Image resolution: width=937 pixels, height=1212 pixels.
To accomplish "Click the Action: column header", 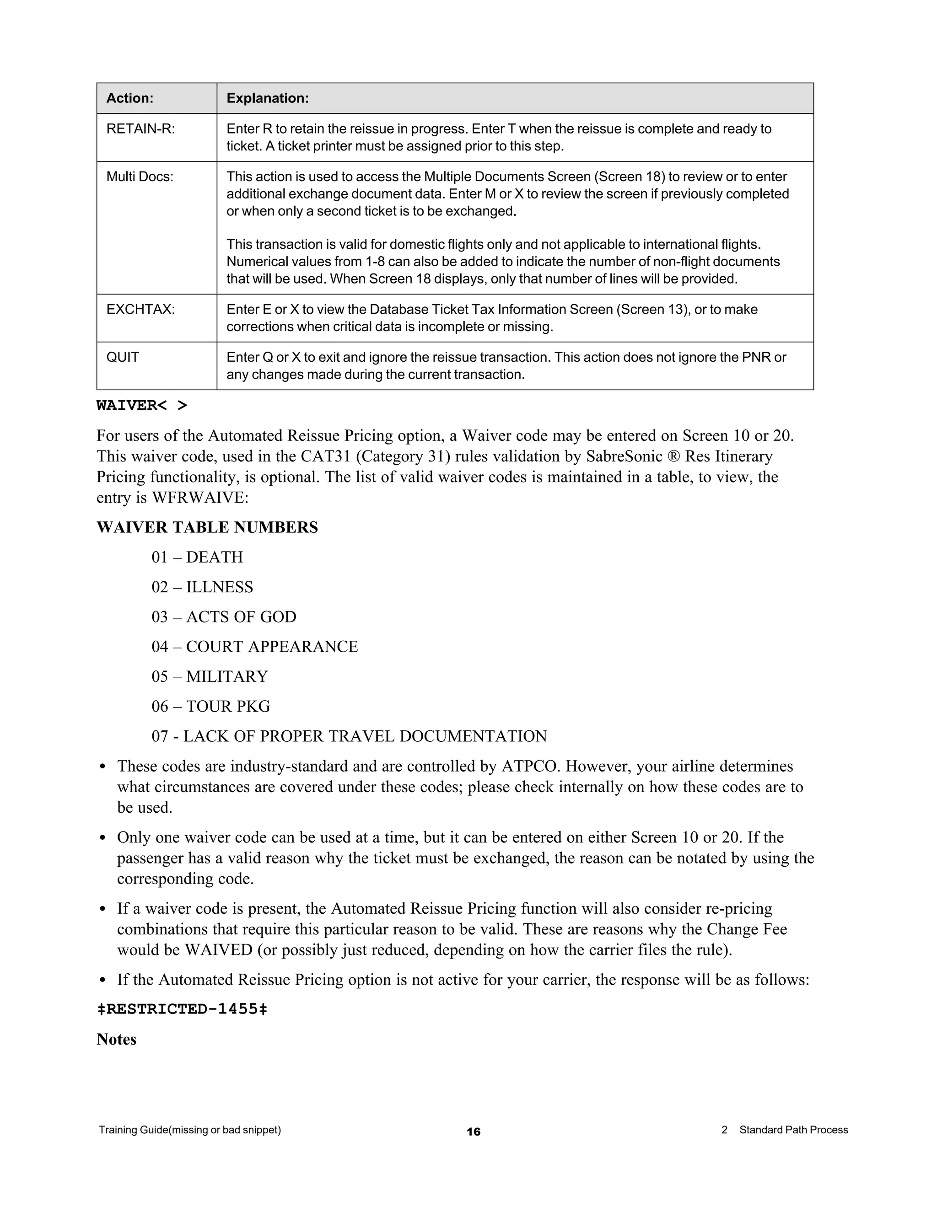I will [x=130, y=98].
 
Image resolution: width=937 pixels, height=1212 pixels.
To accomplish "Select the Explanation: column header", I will [x=267, y=98].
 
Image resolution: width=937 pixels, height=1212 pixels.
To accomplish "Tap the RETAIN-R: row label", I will [x=140, y=129].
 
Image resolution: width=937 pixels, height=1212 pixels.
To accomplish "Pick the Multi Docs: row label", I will [x=140, y=177].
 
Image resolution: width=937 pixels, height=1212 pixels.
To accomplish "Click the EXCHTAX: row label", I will [x=140, y=309].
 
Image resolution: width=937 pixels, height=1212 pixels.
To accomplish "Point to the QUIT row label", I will [x=123, y=357].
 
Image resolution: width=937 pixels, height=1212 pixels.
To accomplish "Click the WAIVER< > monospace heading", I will [x=142, y=406].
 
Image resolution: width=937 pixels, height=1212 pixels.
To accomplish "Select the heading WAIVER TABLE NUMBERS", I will [x=207, y=527].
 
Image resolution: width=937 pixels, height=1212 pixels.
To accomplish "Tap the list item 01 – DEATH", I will [x=197, y=557].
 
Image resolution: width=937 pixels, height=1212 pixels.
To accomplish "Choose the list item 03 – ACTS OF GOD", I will [x=224, y=617].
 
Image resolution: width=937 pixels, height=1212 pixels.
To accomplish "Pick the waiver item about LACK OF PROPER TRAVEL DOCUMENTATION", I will [x=349, y=736].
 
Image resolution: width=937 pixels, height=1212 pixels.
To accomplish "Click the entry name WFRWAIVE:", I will [x=200, y=498].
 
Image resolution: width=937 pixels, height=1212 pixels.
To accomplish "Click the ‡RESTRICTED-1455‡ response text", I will [x=182, y=1009].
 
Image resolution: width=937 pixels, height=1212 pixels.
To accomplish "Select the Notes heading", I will [x=116, y=1040].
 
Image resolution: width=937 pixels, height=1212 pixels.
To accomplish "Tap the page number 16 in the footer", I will [x=474, y=1132].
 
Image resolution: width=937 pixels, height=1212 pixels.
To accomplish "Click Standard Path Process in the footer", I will [x=793, y=1130].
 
